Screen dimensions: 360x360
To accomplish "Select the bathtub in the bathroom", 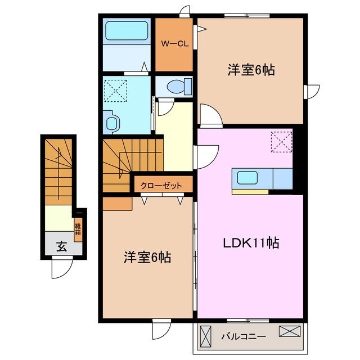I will (126, 30).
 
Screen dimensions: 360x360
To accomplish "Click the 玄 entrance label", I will (60, 245).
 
